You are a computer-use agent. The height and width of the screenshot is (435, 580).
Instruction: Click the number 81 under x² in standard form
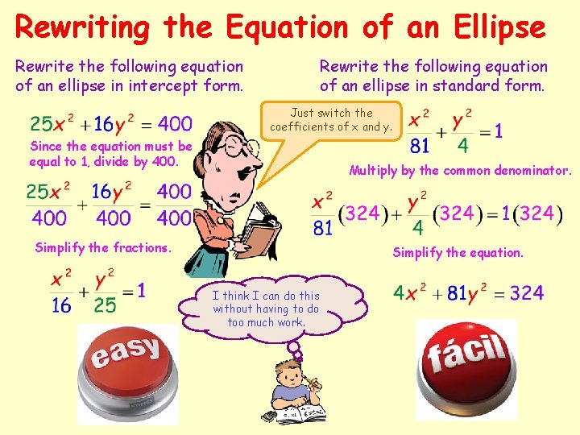click(419, 147)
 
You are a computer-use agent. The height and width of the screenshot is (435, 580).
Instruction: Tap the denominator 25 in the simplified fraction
click(105, 304)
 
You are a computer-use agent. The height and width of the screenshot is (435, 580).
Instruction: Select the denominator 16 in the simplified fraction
click(62, 304)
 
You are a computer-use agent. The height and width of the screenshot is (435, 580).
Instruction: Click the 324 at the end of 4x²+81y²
click(526, 292)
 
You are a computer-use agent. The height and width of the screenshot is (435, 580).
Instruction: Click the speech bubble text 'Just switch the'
click(331, 113)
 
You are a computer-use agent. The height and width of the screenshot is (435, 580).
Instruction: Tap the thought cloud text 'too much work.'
click(266, 322)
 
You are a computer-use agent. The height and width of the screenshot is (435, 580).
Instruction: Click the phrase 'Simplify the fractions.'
click(103, 247)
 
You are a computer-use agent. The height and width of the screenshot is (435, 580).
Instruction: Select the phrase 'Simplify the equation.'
click(458, 252)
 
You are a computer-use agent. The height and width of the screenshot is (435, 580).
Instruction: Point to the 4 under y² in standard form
click(463, 147)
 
